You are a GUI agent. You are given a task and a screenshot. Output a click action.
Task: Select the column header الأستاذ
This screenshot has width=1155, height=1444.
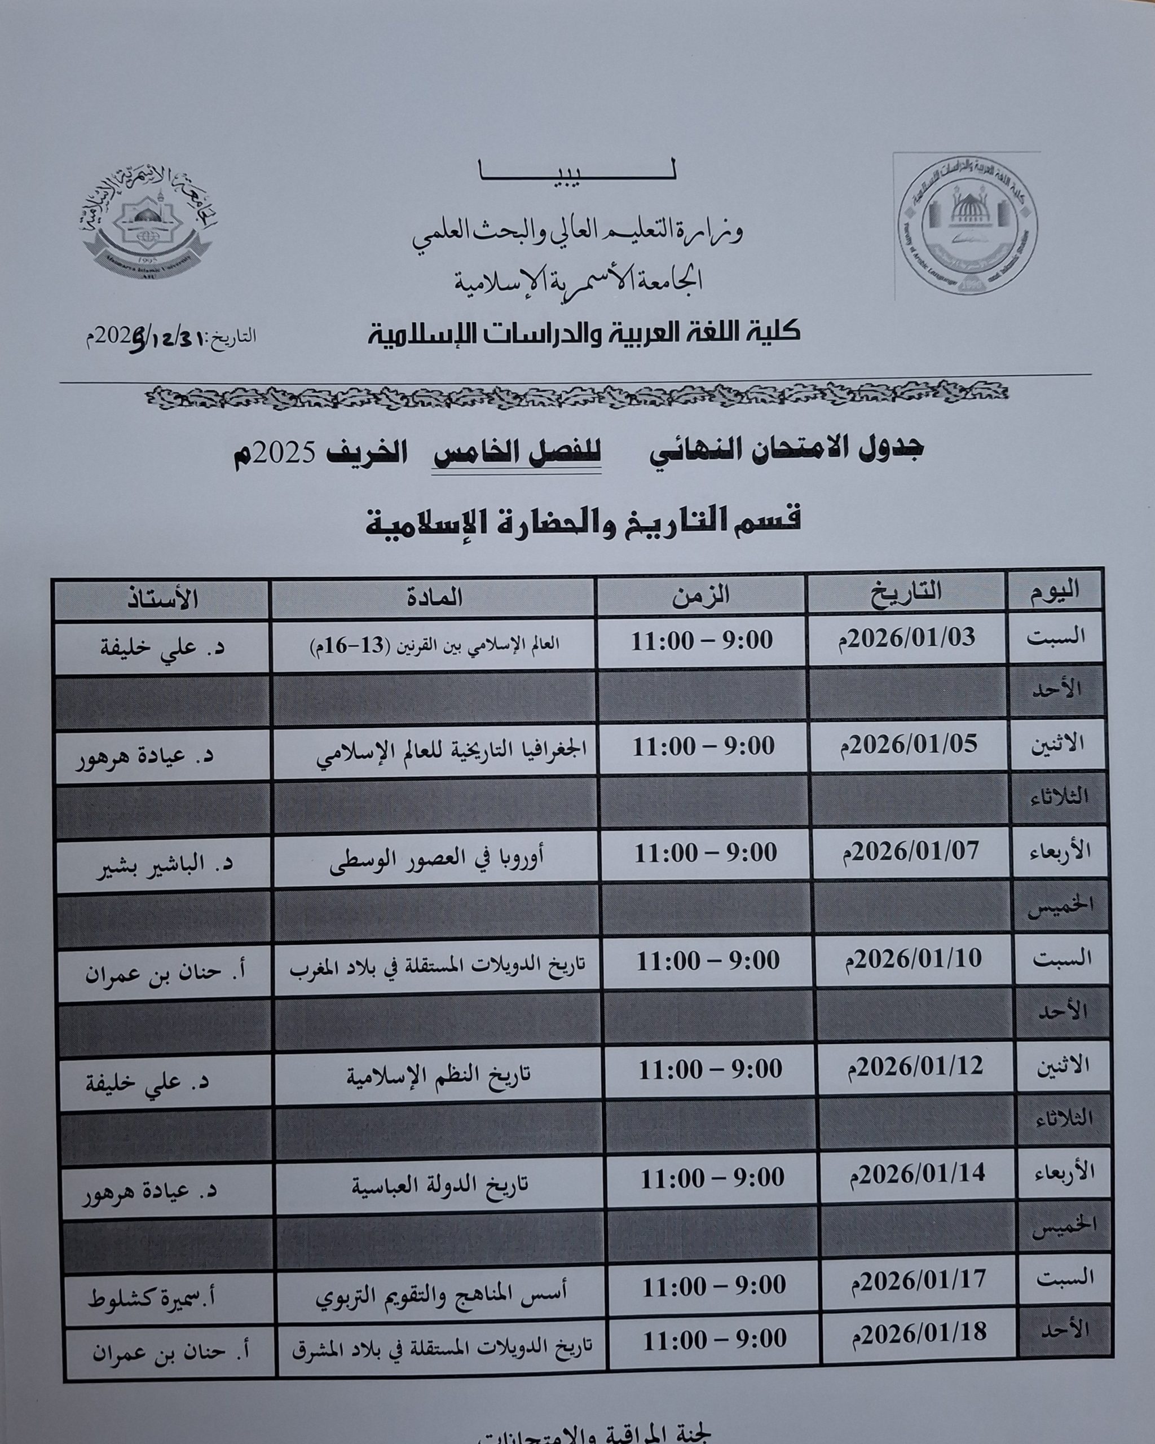pyautogui.click(x=161, y=597)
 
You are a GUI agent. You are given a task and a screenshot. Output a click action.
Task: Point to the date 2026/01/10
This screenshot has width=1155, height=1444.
pyautogui.click(x=915, y=959)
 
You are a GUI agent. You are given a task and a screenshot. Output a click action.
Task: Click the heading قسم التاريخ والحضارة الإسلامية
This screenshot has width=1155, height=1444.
pyautogui.click(x=582, y=521)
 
